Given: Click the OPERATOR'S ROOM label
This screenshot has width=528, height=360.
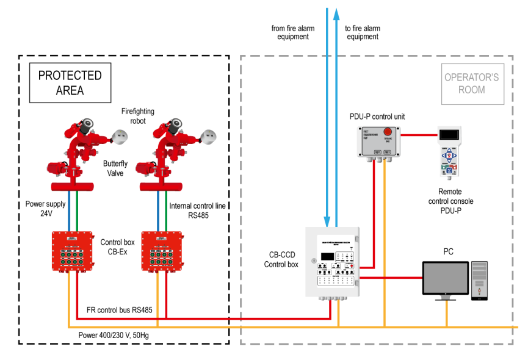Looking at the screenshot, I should click(472, 84).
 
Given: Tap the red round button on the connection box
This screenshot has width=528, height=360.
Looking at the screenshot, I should click(388, 132).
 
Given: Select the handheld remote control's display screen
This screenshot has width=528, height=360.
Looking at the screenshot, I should click(449, 134).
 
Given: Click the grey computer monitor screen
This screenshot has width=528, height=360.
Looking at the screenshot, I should click(445, 278).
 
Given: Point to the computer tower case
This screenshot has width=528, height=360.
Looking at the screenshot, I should click(479, 279).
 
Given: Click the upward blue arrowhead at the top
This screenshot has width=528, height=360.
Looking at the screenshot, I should click(336, 13).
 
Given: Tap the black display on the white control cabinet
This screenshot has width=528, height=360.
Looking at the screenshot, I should click(327, 256).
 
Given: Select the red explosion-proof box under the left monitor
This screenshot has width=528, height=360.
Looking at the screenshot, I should click(72, 250).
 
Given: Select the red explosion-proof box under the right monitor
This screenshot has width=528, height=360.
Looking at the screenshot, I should click(162, 250).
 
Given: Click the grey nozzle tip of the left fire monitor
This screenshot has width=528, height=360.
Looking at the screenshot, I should click(121, 137).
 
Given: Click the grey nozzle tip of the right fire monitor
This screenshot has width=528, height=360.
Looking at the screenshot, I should click(209, 137).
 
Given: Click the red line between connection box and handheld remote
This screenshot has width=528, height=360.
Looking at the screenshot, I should click(419, 135).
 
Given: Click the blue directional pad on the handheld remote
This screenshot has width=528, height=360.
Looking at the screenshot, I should click(449, 153).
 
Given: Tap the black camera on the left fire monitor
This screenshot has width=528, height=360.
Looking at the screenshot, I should click(87, 124).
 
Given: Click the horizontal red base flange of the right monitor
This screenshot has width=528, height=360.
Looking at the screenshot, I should click(161, 187).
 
